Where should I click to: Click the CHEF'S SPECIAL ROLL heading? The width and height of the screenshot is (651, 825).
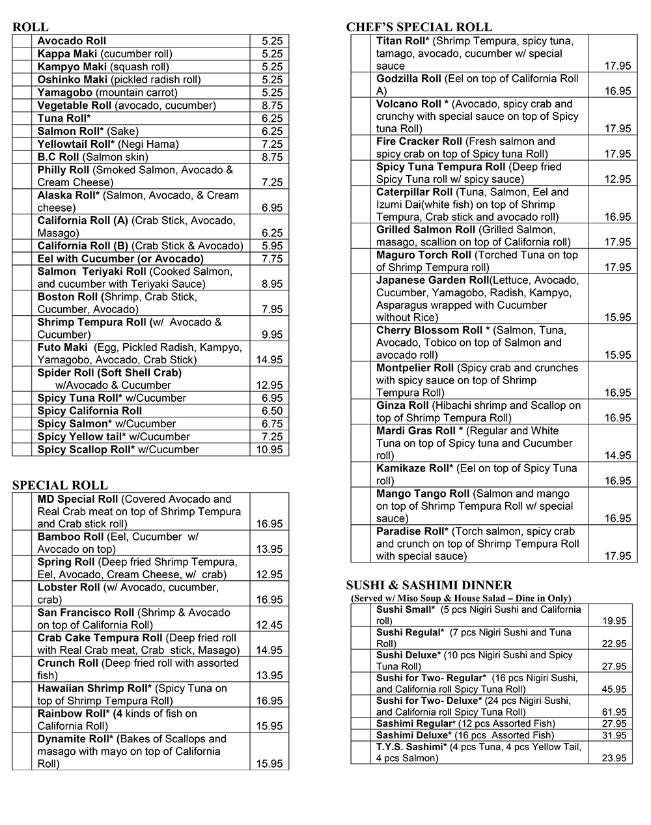(x=419, y=27)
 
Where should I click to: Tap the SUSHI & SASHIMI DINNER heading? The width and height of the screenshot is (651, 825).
(x=429, y=585)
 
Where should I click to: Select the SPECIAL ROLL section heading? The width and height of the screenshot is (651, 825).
(x=60, y=485)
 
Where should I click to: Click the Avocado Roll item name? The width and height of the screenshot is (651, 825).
(x=72, y=41)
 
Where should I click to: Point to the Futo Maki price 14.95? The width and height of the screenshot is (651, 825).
(x=270, y=360)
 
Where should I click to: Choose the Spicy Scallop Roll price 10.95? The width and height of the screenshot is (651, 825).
(x=270, y=450)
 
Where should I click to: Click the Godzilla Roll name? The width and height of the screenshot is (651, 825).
(x=408, y=79)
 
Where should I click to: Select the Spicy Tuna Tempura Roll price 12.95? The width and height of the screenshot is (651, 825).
(x=617, y=180)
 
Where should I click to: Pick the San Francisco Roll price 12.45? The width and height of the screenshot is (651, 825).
(x=270, y=625)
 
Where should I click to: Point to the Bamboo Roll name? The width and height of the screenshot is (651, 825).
(x=70, y=537)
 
